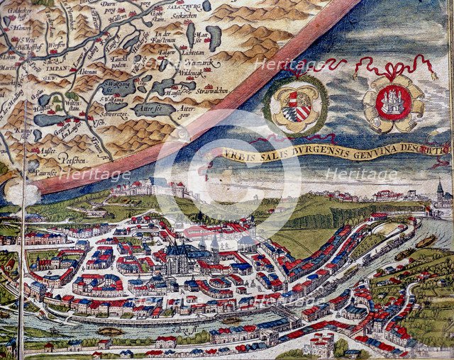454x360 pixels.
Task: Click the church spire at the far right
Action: click(x=441, y=188)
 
